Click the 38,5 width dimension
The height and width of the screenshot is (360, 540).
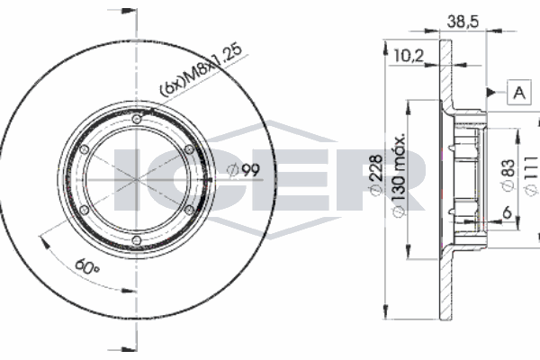pyautogui.click(x=463, y=22)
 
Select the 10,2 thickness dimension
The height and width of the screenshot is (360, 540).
pyautogui.click(x=409, y=56)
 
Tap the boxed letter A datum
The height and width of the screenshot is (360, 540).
pyautogui.click(x=519, y=92)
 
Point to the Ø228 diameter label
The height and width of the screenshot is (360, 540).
pyautogui.click(x=375, y=175)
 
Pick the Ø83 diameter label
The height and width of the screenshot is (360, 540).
pyautogui.click(x=508, y=175)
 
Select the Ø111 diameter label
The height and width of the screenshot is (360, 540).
pyautogui.click(x=531, y=175)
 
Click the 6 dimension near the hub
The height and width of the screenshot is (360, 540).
pyautogui.click(x=507, y=212)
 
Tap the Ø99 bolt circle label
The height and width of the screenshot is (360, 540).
pyautogui.click(x=244, y=169)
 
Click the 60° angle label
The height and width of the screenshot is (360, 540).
pyautogui.click(x=87, y=266)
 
